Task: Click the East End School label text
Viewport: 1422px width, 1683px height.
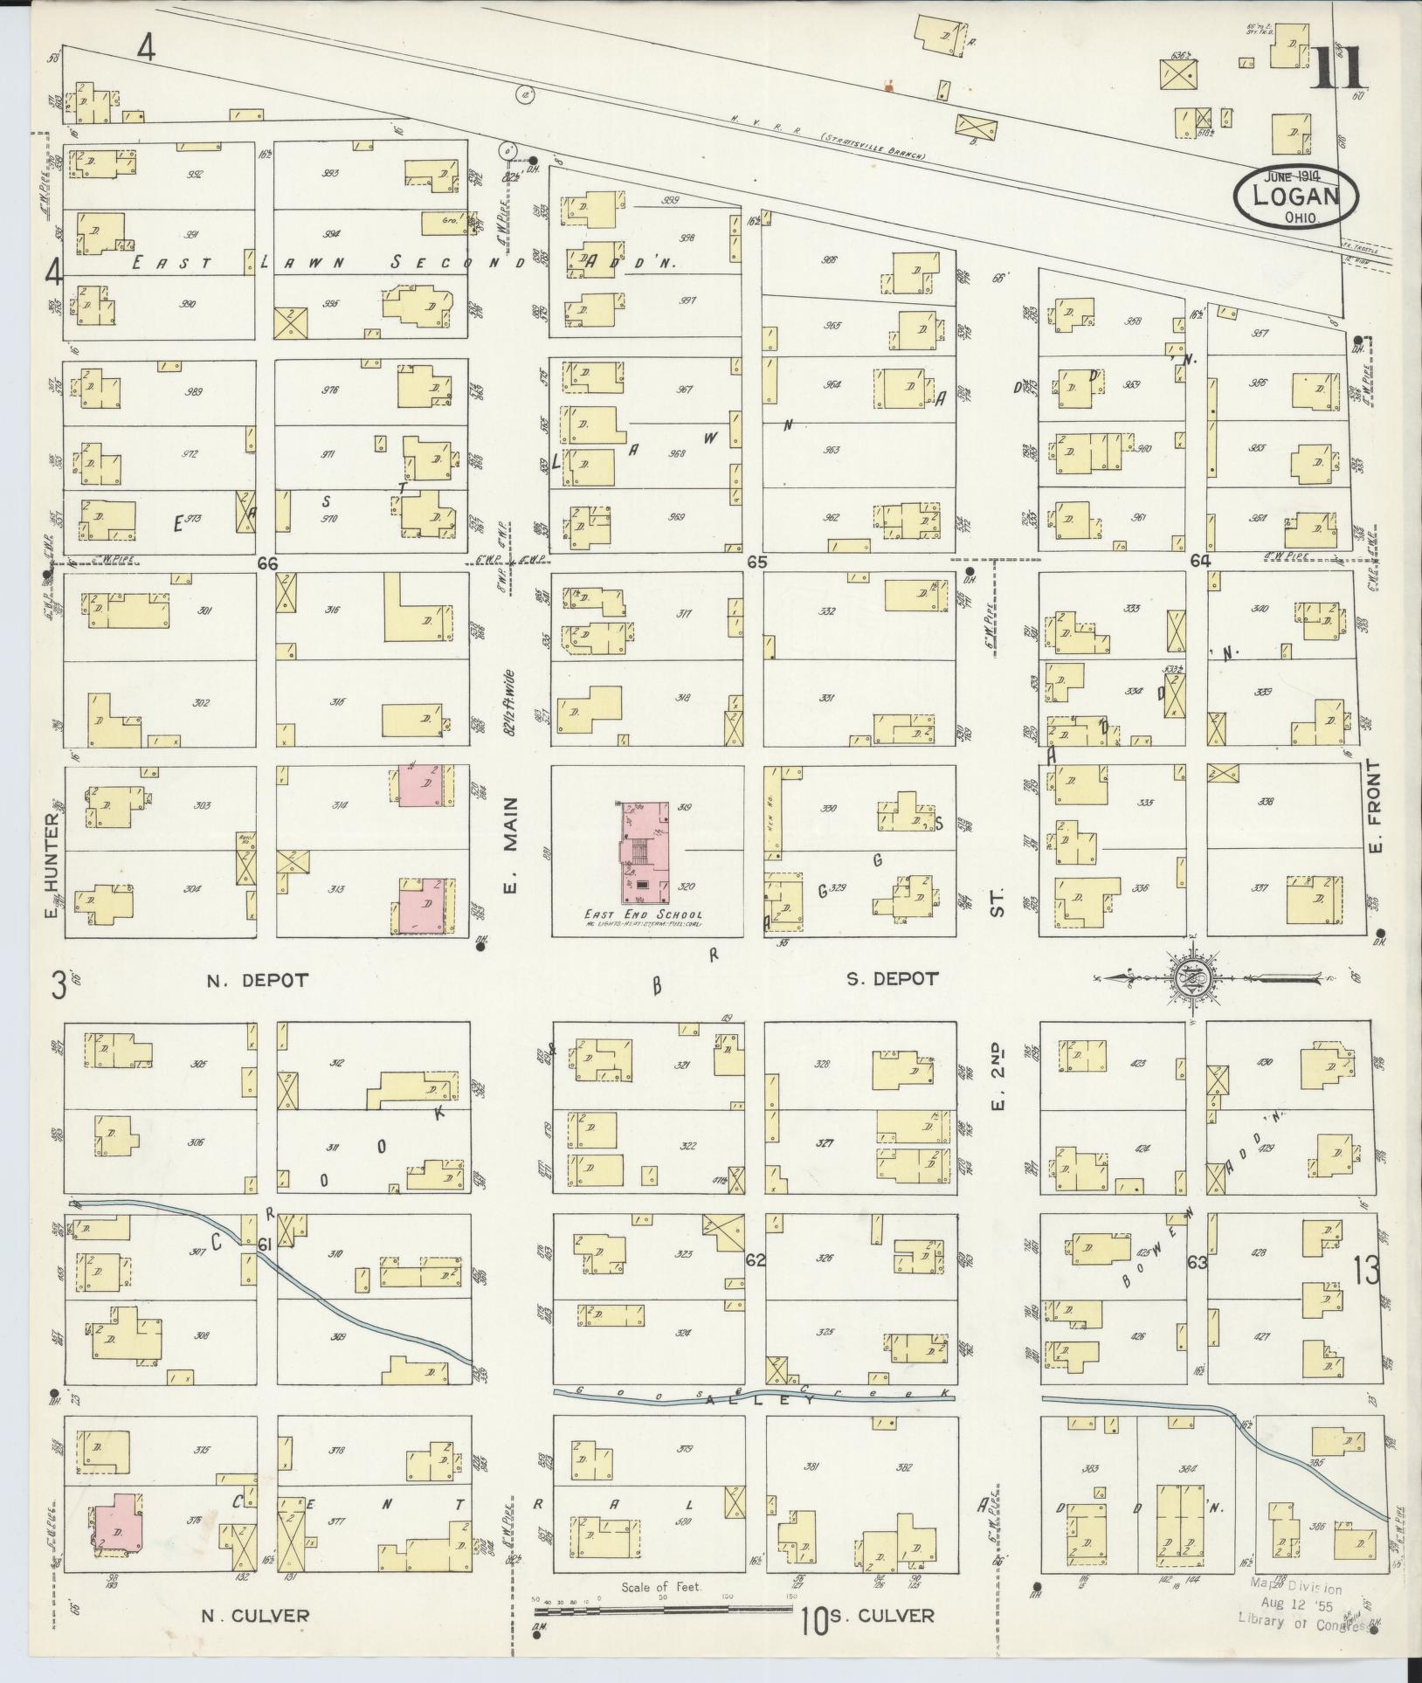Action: (643, 914)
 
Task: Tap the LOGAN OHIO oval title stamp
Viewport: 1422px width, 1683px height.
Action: (1296, 198)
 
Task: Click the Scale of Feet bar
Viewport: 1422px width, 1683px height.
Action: (663, 1601)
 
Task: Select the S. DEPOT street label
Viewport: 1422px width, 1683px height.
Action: (892, 979)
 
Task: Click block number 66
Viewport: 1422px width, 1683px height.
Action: (267, 564)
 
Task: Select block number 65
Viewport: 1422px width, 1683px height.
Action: (756, 562)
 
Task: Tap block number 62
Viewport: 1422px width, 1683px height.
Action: (756, 1259)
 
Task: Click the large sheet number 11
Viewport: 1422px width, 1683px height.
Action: (1337, 69)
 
